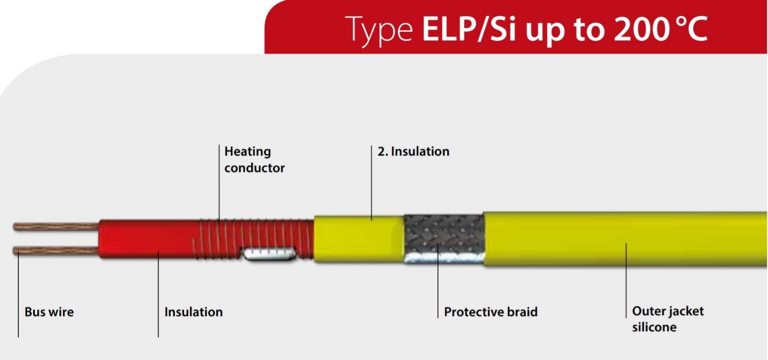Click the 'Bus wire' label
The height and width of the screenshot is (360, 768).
point(49,312)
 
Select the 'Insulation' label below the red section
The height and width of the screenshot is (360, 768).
point(194,312)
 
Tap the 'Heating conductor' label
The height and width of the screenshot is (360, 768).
point(254,159)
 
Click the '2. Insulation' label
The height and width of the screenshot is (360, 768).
point(414,151)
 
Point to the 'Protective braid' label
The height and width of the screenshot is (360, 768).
point(490,312)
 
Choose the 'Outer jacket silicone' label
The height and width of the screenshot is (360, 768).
point(668,319)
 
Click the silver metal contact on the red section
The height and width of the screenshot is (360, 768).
point(269,254)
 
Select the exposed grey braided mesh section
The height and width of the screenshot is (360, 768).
point(444,239)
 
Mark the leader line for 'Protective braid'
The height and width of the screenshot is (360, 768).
point(438,280)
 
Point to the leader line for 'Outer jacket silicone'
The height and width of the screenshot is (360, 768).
point(626,280)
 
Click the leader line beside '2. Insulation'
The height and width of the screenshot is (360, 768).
point(371,182)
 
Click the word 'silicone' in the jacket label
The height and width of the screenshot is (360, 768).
point(654,327)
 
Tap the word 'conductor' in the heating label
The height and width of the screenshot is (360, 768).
point(254,168)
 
